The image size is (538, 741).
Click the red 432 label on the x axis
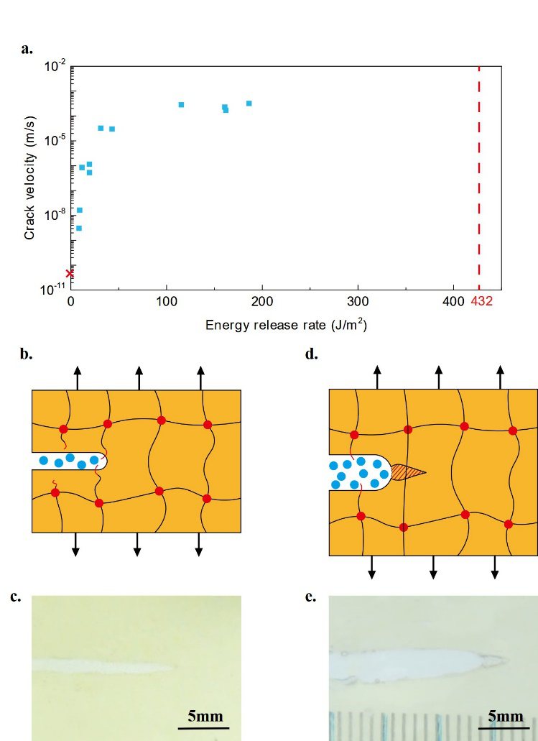coord(481,301)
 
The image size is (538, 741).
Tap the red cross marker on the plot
coord(70,273)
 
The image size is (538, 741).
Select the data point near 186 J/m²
coord(249,103)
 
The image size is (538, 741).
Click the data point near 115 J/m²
coord(181,105)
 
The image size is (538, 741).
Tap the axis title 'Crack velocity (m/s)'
coord(29,176)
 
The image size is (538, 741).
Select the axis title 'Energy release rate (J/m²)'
coord(285,325)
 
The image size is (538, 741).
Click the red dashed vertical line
coord(479,180)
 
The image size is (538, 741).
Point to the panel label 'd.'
coord(311,354)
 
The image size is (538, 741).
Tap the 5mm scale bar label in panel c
coord(205,717)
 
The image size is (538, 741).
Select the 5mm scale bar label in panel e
coord(506,717)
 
